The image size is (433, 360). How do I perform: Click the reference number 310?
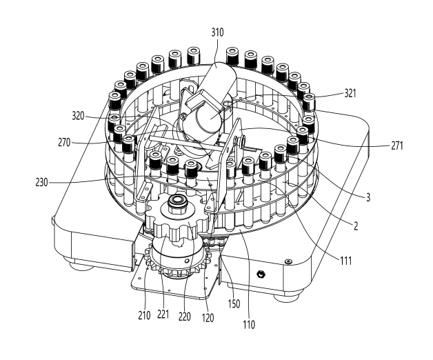(x=217, y=32)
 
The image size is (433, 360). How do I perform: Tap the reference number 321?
(x=350, y=94)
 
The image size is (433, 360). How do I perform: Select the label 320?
(x=78, y=116)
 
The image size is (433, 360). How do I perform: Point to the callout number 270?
(x=64, y=143)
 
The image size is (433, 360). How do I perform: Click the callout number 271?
(x=397, y=146)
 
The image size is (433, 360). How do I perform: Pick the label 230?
(x=41, y=183)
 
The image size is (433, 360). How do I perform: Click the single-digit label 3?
(x=367, y=197)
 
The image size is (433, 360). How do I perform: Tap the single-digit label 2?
(x=356, y=226)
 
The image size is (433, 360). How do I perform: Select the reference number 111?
(x=345, y=261)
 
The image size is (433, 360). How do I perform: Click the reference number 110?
(x=249, y=325)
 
